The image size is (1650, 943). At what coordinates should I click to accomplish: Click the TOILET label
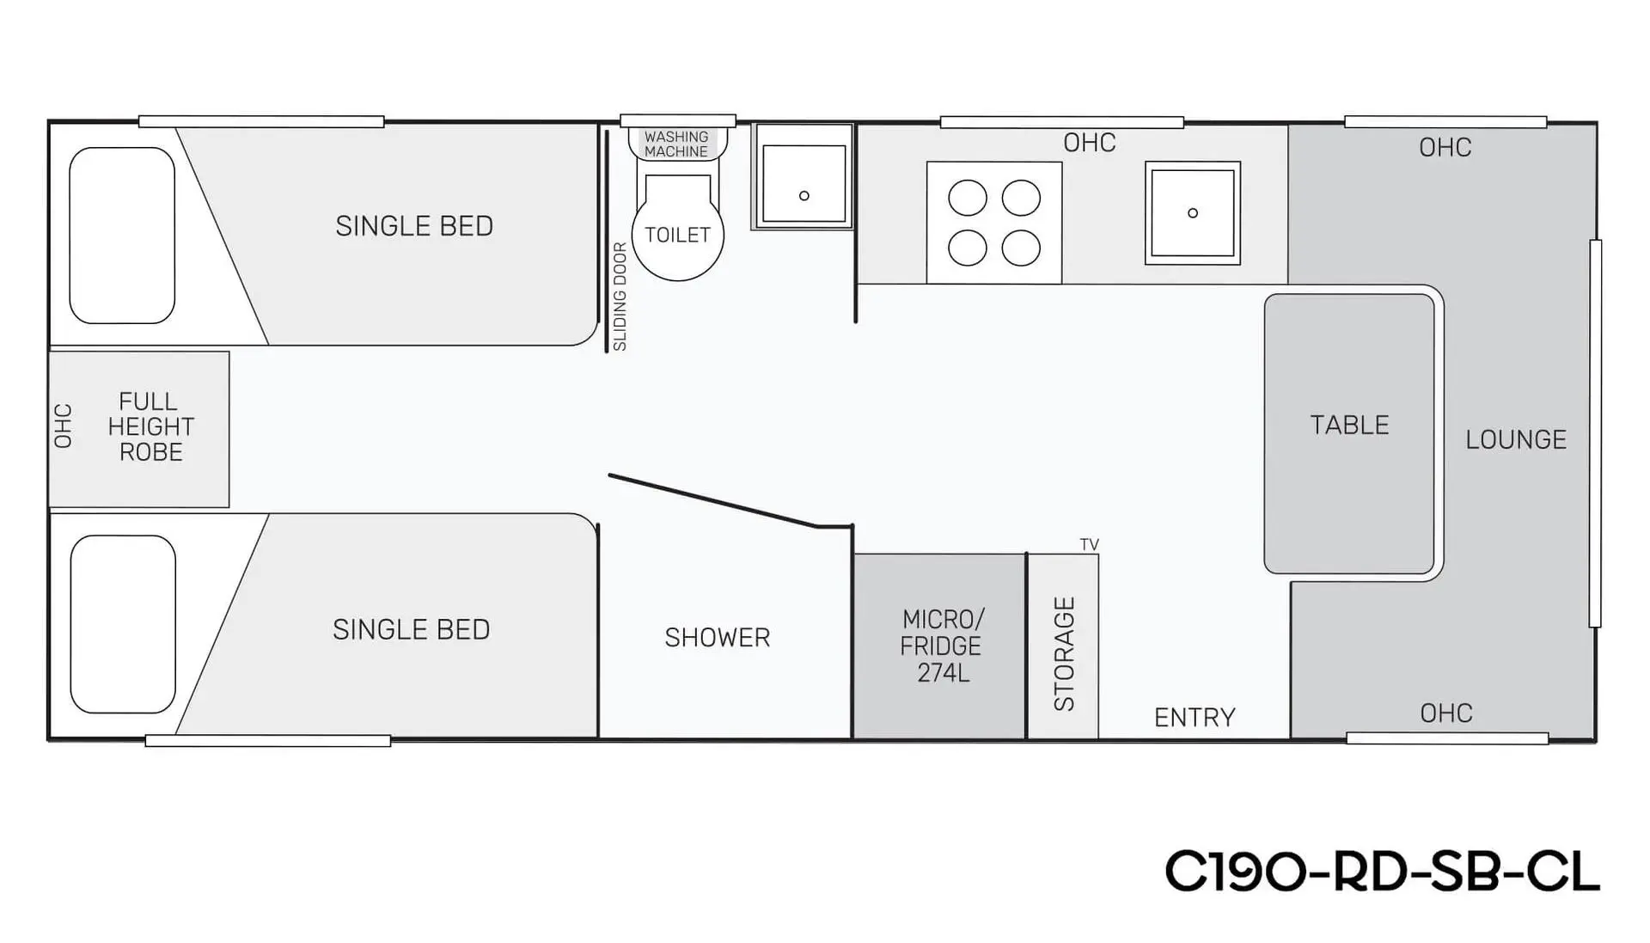(x=677, y=235)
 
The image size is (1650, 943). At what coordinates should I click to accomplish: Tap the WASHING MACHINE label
(x=676, y=144)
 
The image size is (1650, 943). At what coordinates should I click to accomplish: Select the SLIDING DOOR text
(x=620, y=297)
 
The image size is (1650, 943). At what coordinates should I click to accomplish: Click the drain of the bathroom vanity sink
(x=804, y=196)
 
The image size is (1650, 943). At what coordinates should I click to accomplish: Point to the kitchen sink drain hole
(x=1192, y=212)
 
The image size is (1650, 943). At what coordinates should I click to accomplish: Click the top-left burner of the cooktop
(x=967, y=199)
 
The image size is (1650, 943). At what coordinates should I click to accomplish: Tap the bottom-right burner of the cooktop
(x=1021, y=248)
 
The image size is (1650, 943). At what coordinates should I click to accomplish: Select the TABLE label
(x=1349, y=425)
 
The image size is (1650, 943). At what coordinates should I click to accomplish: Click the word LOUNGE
(x=1516, y=439)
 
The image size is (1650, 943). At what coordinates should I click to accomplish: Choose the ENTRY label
(x=1195, y=717)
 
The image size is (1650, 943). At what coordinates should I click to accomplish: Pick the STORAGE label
(x=1064, y=653)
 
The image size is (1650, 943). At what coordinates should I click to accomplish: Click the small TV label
(x=1089, y=544)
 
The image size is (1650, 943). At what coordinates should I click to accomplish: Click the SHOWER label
(x=718, y=637)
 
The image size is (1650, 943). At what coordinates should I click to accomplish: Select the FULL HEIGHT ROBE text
(x=150, y=426)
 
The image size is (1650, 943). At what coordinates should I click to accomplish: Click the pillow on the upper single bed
(x=122, y=236)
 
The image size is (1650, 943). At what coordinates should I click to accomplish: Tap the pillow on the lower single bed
(x=123, y=624)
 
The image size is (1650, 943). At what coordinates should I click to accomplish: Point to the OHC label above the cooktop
(x=1090, y=143)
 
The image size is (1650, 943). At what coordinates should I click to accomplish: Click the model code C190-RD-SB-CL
(x=1382, y=873)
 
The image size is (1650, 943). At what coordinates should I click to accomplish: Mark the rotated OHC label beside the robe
(x=63, y=426)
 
